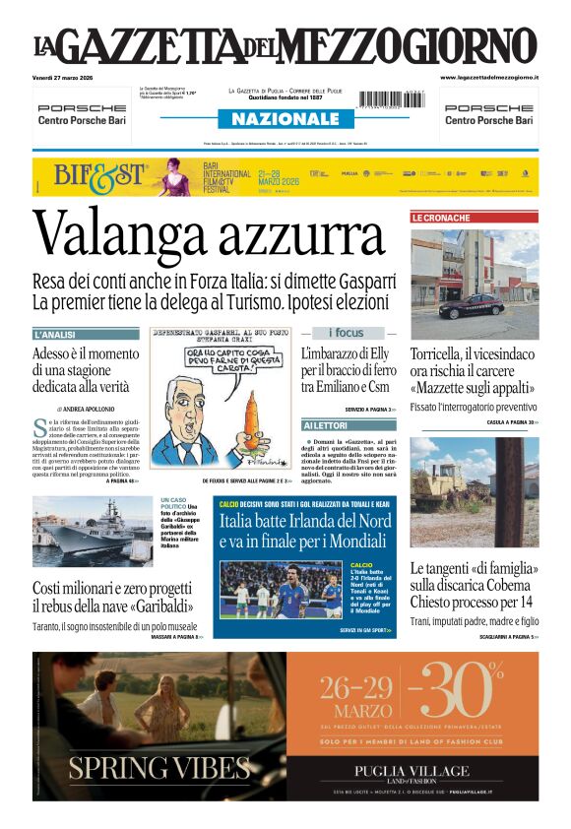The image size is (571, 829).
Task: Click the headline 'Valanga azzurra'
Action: [x=208, y=236]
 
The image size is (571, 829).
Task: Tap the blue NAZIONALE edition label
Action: [x=285, y=119]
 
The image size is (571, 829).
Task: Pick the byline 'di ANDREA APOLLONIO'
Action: [x=86, y=409]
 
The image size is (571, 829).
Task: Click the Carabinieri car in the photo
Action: [x=470, y=306]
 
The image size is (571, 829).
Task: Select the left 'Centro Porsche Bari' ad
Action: [x=81, y=114]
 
